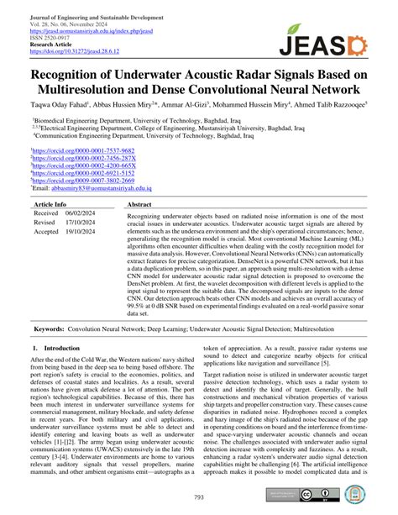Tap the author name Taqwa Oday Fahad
coord(49,105)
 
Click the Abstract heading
coord(139,204)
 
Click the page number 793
coord(199,497)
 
